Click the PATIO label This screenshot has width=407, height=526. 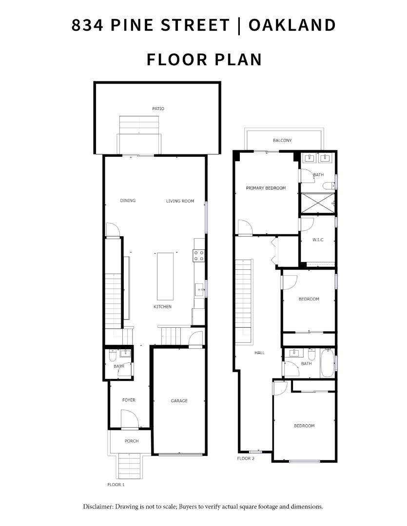[158, 109]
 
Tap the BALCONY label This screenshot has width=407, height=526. [282, 141]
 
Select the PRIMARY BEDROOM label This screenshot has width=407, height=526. [266, 188]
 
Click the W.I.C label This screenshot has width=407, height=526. [318, 240]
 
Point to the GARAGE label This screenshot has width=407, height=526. [179, 401]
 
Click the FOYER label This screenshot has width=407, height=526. [129, 400]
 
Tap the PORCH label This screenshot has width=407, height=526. [132, 441]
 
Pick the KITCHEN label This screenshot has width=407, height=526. [162, 307]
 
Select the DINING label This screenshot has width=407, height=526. [128, 201]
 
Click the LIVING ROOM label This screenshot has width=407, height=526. [180, 201]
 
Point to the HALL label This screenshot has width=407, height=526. [260, 353]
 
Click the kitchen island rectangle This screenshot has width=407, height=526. [165, 277]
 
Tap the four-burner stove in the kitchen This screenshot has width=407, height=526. [199, 256]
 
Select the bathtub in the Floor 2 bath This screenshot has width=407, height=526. [328, 363]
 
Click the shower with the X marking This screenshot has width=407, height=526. [318, 203]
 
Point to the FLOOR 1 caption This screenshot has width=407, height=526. [116, 485]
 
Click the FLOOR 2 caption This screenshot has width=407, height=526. [246, 459]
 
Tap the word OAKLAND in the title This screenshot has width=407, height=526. [292, 25]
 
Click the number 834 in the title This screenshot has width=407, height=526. [87, 25]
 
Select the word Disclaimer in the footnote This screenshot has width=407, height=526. [97, 507]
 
